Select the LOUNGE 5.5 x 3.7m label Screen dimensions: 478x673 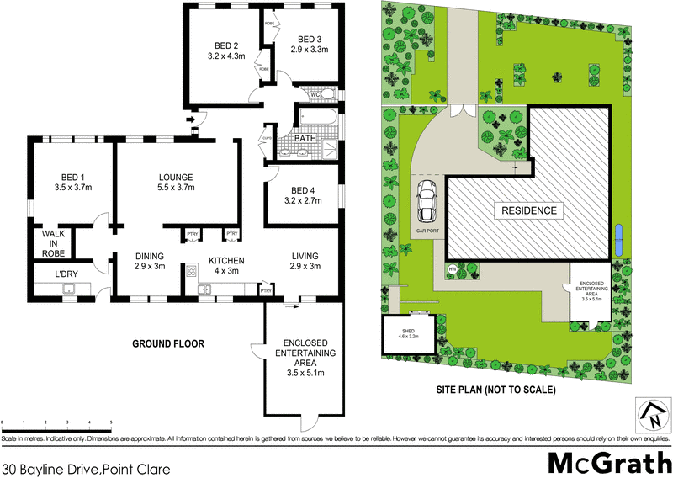[x=177, y=183]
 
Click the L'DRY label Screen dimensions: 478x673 [x=66, y=275]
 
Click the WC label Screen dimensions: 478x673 [x=316, y=94]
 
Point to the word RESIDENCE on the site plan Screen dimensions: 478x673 [x=529, y=210]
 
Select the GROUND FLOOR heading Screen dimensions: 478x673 [x=168, y=343]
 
